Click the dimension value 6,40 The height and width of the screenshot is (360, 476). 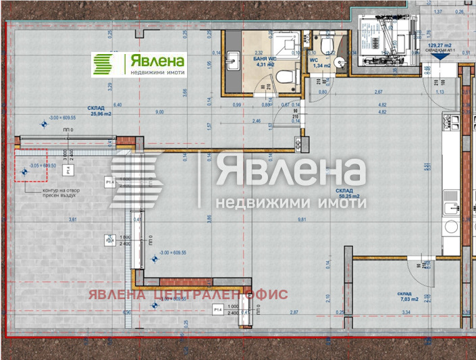(x=117, y=105)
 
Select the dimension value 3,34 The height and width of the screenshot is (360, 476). (x=406, y=313)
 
